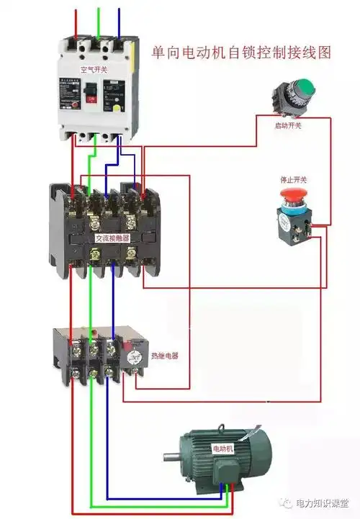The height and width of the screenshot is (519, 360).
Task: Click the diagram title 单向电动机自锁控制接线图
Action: click(x=241, y=53)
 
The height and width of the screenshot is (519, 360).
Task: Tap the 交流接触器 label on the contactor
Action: click(x=112, y=237)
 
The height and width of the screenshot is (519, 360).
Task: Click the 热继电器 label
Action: click(x=165, y=356)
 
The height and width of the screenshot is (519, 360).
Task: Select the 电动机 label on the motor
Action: click(x=222, y=448)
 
